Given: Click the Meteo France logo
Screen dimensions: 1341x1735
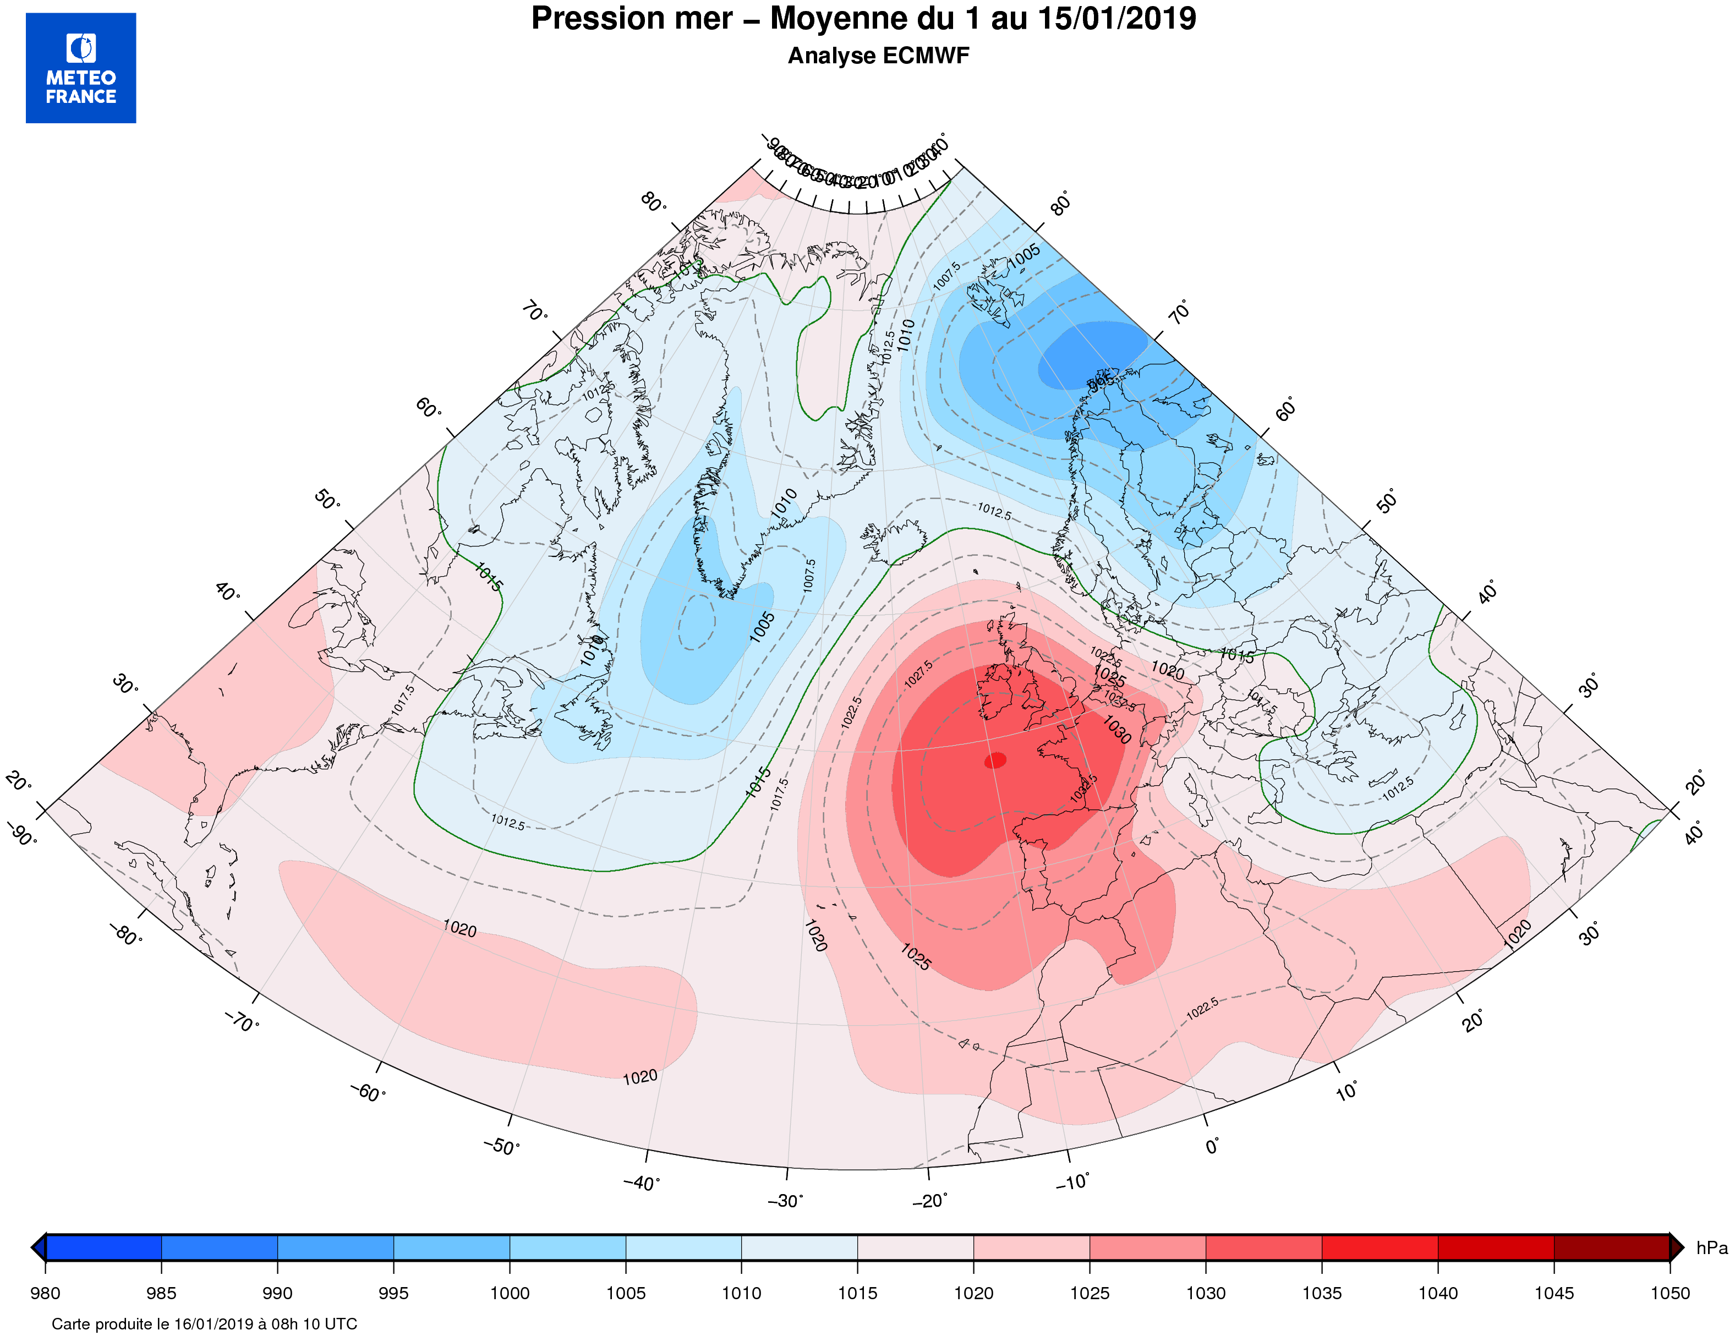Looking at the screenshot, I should point(81,68).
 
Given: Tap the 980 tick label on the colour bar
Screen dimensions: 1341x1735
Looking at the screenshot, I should point(45,1293).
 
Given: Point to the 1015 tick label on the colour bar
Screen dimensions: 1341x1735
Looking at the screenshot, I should point(857,1293).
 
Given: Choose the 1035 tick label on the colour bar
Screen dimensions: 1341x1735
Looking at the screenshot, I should point(1322,1293).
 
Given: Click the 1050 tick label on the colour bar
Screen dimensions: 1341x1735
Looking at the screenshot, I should point(1670,1293).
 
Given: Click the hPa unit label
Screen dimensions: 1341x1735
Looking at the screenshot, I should point(1711,1248).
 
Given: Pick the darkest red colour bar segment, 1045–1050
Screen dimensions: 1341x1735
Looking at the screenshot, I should point(1612,1248).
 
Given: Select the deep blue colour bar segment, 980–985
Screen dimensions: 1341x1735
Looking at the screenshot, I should point(103,1248).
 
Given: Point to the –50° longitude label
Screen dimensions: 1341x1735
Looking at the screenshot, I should point(501,1146).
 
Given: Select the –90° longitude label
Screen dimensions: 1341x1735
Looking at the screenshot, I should point(21,835).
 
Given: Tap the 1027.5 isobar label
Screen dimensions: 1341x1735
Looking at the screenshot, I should point(918,674).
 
